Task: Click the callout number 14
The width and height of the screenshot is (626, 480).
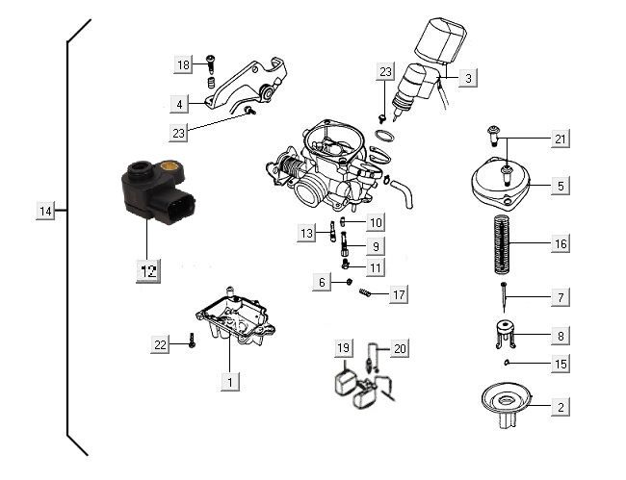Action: pyautogui.click(x=45, y=211)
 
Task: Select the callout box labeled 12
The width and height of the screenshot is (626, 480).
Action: pyautogui.click(x=147, y=271)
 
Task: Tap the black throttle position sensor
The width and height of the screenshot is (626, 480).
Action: pyautogui.click(x=157, y=193)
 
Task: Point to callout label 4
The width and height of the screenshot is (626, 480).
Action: pyautogui.click(x=179, y=103)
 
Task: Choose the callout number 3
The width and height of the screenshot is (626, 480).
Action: pyautogui.click(x=467, y=79)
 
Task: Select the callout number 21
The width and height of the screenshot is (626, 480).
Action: pyautogui.click(x=560, y=140)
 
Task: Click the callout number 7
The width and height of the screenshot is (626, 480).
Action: pyautogui.click(x=560, y=299)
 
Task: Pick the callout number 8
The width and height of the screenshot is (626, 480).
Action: pyautogui.click(x=560, y=337)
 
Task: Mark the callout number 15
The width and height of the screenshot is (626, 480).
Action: pyautogui.click(x=560, y=365)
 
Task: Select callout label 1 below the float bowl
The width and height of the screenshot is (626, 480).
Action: pyautogui.click(x=229, y=383)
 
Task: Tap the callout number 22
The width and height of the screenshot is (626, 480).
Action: pyautogui.click(x=162, y=344)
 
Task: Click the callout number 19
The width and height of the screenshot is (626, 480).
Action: pyautogui.click(x=343, y=347)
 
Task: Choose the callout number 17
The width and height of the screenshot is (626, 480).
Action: pyautogui.click(x=397, y=295)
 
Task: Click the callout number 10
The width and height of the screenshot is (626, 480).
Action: pyautogui.click(x=375, y=223)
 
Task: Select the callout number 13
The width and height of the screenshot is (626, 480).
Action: pyautogui.click(x=306, y=234)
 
